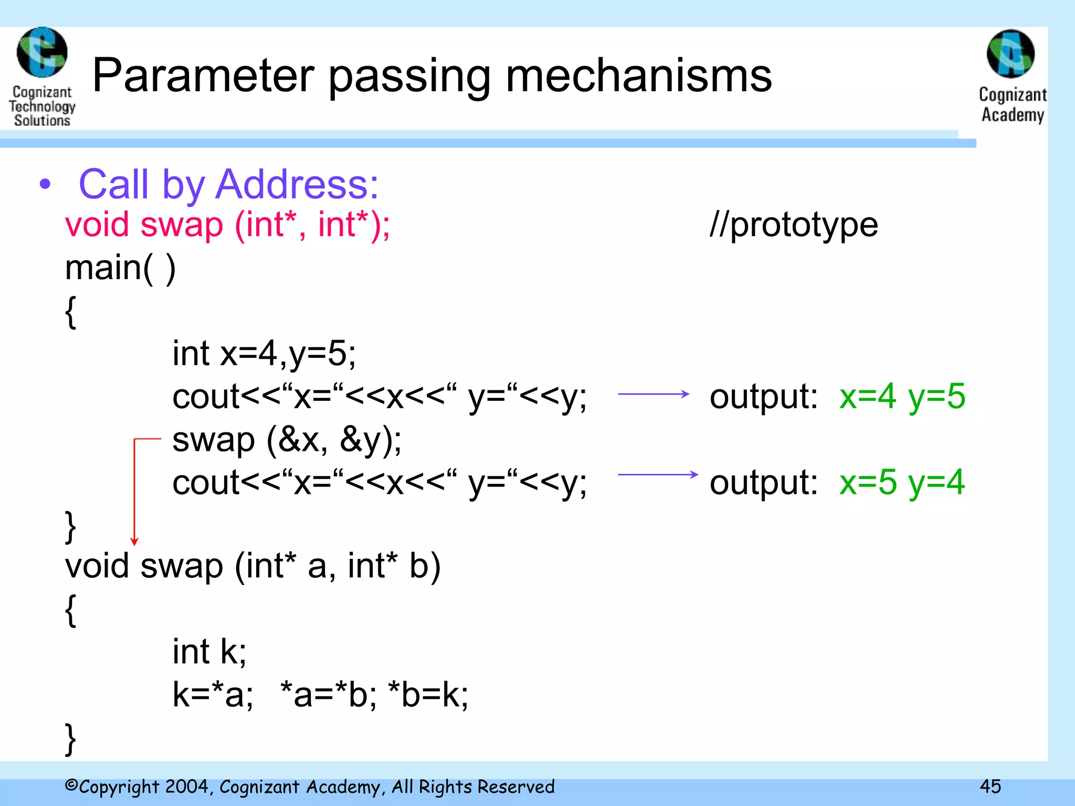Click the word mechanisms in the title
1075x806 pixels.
tap(638, 76)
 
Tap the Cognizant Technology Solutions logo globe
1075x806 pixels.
tap(42, 52)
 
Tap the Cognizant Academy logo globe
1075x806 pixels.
tap(1010, 54)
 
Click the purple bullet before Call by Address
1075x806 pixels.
tap(46, 184)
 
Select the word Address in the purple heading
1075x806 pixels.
tap(297, 185)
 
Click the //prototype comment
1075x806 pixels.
tap(793, 225)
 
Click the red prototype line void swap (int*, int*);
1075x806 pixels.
tap(227, 225)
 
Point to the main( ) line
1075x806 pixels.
tap(120, 268)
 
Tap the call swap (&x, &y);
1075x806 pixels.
tap(287, 439)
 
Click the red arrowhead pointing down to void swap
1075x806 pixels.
tap(134, 541)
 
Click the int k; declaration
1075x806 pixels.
tap(209, 651)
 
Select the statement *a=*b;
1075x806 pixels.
tap(328, 694)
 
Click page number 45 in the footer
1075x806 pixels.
tap(990, 786)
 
